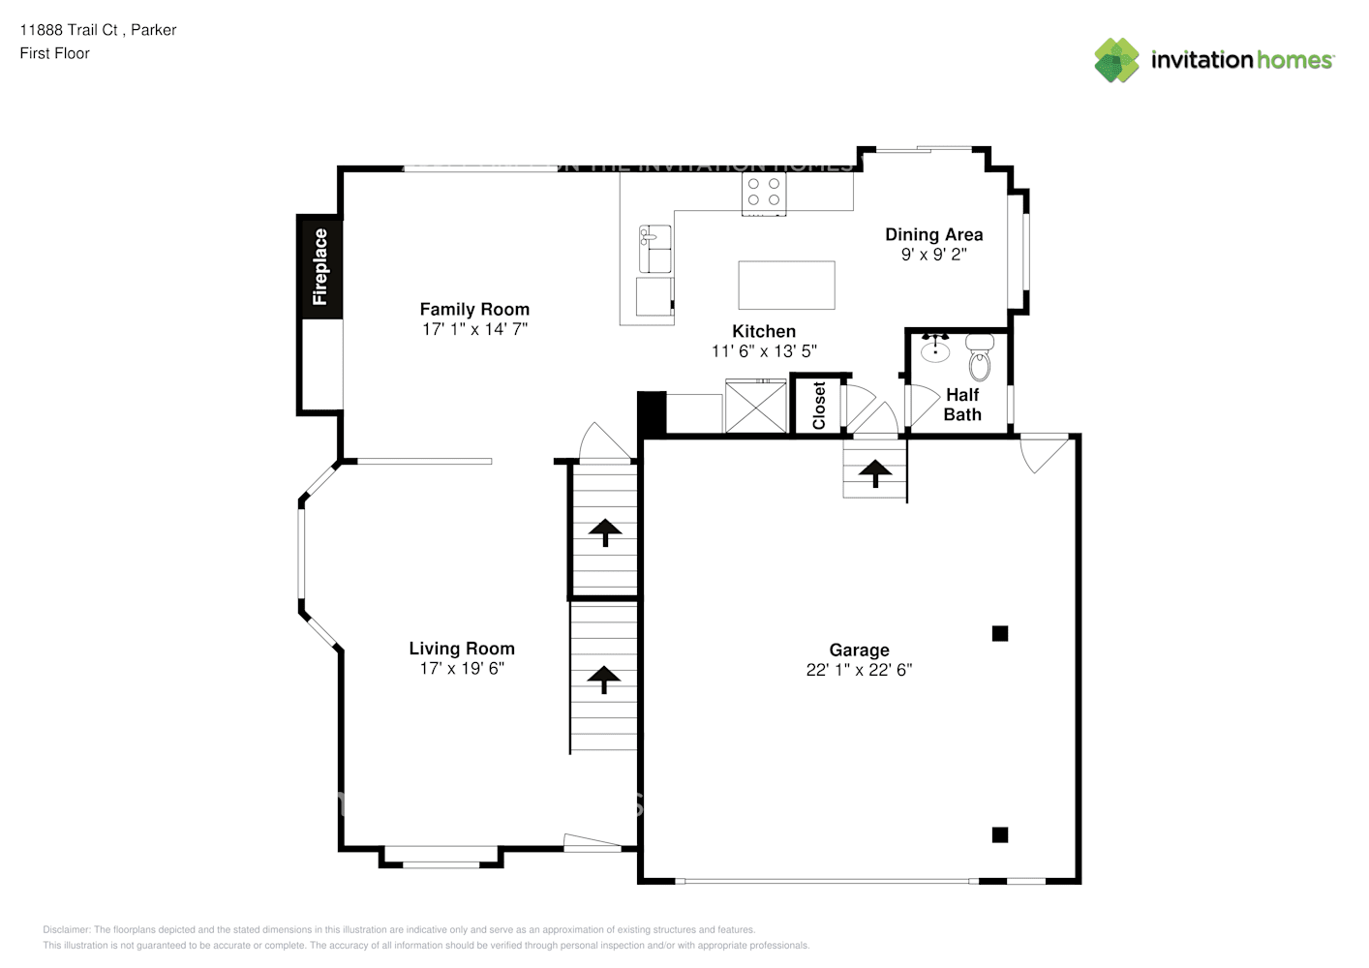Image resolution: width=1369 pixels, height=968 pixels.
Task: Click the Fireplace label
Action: pos(319,266)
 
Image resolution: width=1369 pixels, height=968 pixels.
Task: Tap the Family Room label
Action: pos(474,310)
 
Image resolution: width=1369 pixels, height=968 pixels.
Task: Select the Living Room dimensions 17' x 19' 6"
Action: pos(462,669)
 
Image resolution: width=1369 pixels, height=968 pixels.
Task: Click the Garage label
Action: pos(859,650)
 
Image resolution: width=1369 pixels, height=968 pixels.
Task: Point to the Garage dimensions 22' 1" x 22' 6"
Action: pos(859,670)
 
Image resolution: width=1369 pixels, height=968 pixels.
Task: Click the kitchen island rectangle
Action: pos(786,285)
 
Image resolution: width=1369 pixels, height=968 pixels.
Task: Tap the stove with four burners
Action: pos(764,193)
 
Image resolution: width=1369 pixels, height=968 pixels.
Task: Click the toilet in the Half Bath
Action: pos(980,357)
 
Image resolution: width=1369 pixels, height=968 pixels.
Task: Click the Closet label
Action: pos(819,405)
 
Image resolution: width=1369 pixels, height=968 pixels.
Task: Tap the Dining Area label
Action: pos(933,234)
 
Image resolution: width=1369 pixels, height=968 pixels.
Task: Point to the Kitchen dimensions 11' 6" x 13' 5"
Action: pos(764,351)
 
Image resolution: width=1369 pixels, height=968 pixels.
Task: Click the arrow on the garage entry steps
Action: pos(876,472)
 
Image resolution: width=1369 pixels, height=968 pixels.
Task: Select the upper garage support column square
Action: pos(1000,634)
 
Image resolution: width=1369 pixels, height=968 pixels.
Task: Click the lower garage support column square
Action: pos(1000,834)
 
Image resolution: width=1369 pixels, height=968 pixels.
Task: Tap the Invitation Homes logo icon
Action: pos(1116,60)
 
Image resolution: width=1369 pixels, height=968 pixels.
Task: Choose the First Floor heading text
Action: pos(54,53)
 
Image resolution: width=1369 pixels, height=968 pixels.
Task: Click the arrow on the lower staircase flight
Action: pos(604,680)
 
